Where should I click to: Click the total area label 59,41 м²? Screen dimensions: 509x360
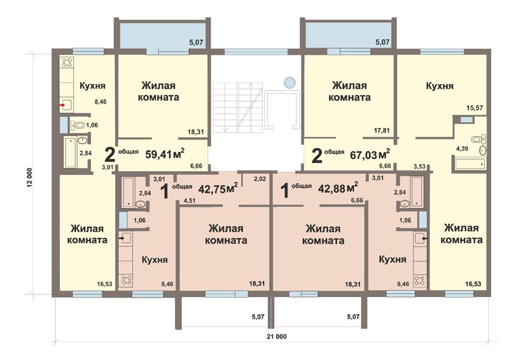click(x=165, y=153)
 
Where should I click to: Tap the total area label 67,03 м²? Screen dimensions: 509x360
click(x=370, y=154)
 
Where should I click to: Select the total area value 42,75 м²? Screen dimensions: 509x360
click(x=218, y=188)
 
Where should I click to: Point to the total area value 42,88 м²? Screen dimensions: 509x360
click(x=338, y=188)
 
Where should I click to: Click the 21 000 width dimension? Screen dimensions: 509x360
click(x=277, y=336)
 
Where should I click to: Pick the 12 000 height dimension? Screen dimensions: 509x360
click(x=29, y=177)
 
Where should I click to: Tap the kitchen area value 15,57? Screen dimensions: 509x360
click(x=474, y=108)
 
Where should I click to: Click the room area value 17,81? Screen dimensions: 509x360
click(x=382, y=130)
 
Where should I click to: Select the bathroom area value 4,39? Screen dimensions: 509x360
click(x=462, y=149)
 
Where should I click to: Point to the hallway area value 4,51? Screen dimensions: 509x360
click(x=190, y=200)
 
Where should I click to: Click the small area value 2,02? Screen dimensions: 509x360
click(x=260, y=179)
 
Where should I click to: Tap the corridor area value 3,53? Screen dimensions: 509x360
click(x=419, y=167)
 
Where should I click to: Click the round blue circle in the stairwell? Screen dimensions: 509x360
click(x=289, y=83)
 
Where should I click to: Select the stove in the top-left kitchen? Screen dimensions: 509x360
click(x=67, y=62)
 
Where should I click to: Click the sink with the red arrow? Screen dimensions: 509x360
click(x=67, y=105)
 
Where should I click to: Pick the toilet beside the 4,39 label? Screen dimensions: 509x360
click(x=479, y=139)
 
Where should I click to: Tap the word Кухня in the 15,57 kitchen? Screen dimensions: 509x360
click(x=440, y=86)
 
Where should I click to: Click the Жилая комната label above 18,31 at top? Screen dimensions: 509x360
click(x=158, y=91)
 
